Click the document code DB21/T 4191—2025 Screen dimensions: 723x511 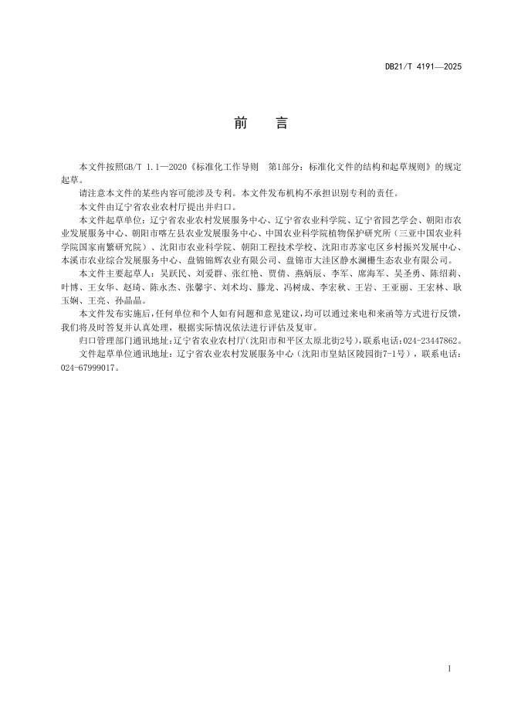tap(423, 67)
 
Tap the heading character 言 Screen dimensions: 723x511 tap(280, 124)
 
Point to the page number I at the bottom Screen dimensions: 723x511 tap(449, 667)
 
